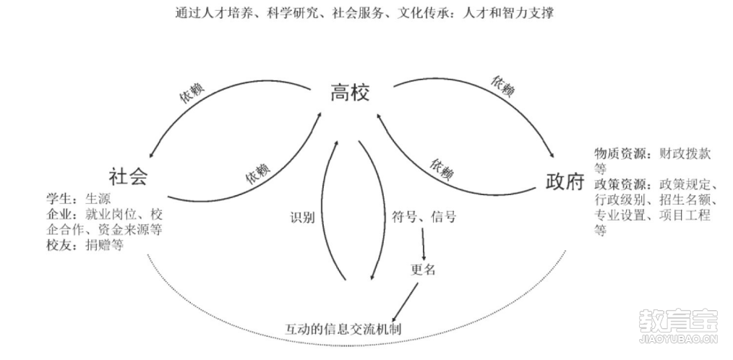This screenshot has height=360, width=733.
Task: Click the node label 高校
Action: (x=350, y=93)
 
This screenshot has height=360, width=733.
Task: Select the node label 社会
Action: (x=128, y=177)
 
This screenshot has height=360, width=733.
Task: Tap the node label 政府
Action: (x=565, y=181)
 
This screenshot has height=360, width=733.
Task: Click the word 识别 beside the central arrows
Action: (x=302, y=218)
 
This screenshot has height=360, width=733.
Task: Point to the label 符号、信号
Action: (x=423, y=217)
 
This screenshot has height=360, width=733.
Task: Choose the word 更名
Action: (x=423, y=270)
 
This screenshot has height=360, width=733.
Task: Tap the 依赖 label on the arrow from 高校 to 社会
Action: (x=192, y=93)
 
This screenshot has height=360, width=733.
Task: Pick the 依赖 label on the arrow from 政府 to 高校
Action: (x=442, y=170)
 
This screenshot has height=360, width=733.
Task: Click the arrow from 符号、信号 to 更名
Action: (x=423, y=244)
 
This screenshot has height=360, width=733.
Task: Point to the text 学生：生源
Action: (x=79, y=200)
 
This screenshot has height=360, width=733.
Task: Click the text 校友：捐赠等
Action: (x=85, y=245)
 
